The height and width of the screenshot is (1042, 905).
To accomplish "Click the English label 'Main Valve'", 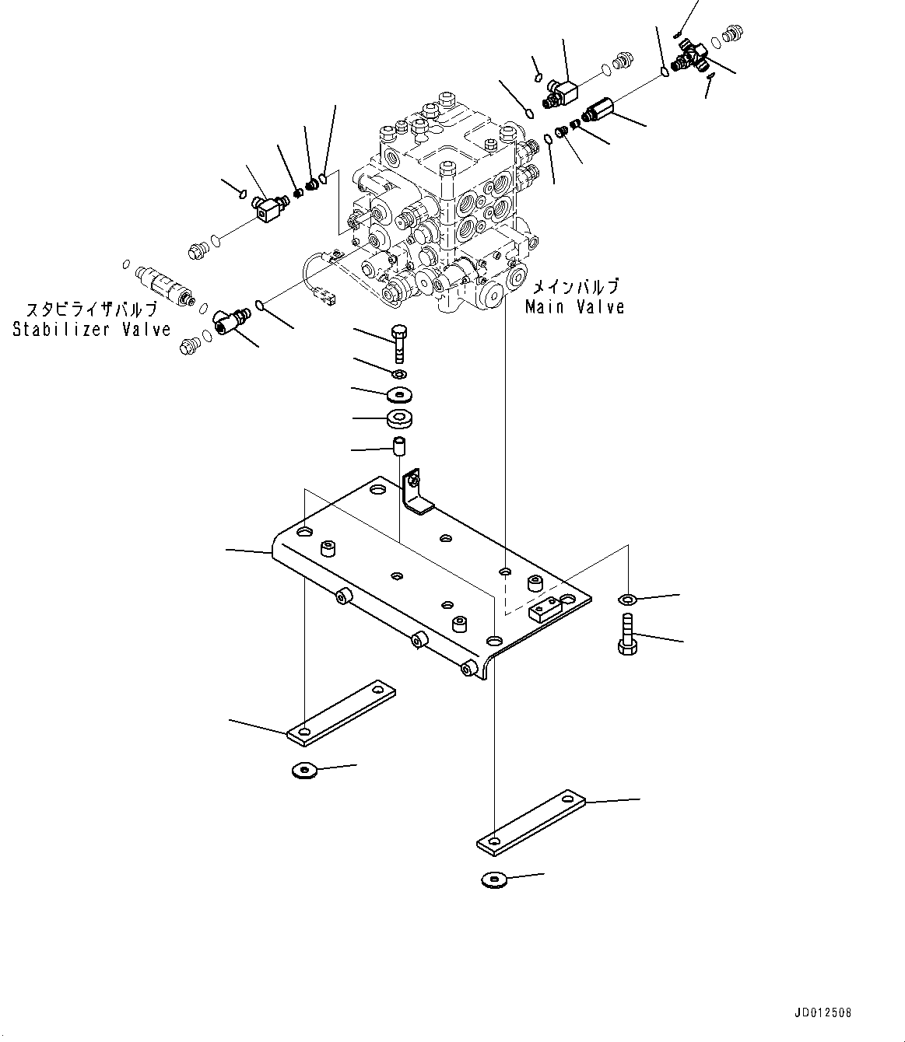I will click(574, 307).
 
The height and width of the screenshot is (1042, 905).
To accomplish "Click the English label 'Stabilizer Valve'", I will click(91, 330).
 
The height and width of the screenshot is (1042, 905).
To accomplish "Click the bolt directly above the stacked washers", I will click(398, 343).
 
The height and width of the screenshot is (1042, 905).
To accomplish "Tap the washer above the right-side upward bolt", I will click(627, 599).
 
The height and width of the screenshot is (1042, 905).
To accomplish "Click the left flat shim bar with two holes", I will click(341, 712).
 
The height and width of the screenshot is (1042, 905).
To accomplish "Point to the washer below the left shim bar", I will click(304, 770).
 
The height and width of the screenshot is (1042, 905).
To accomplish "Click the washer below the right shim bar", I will click(493, 879).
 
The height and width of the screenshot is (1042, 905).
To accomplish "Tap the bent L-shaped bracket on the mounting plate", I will click(417, 492).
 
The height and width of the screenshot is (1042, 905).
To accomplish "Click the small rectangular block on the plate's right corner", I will click(545, 609).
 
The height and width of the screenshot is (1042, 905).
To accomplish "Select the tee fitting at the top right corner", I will click(689, 56).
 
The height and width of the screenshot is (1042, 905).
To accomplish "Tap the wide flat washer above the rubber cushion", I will click(399, 392).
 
